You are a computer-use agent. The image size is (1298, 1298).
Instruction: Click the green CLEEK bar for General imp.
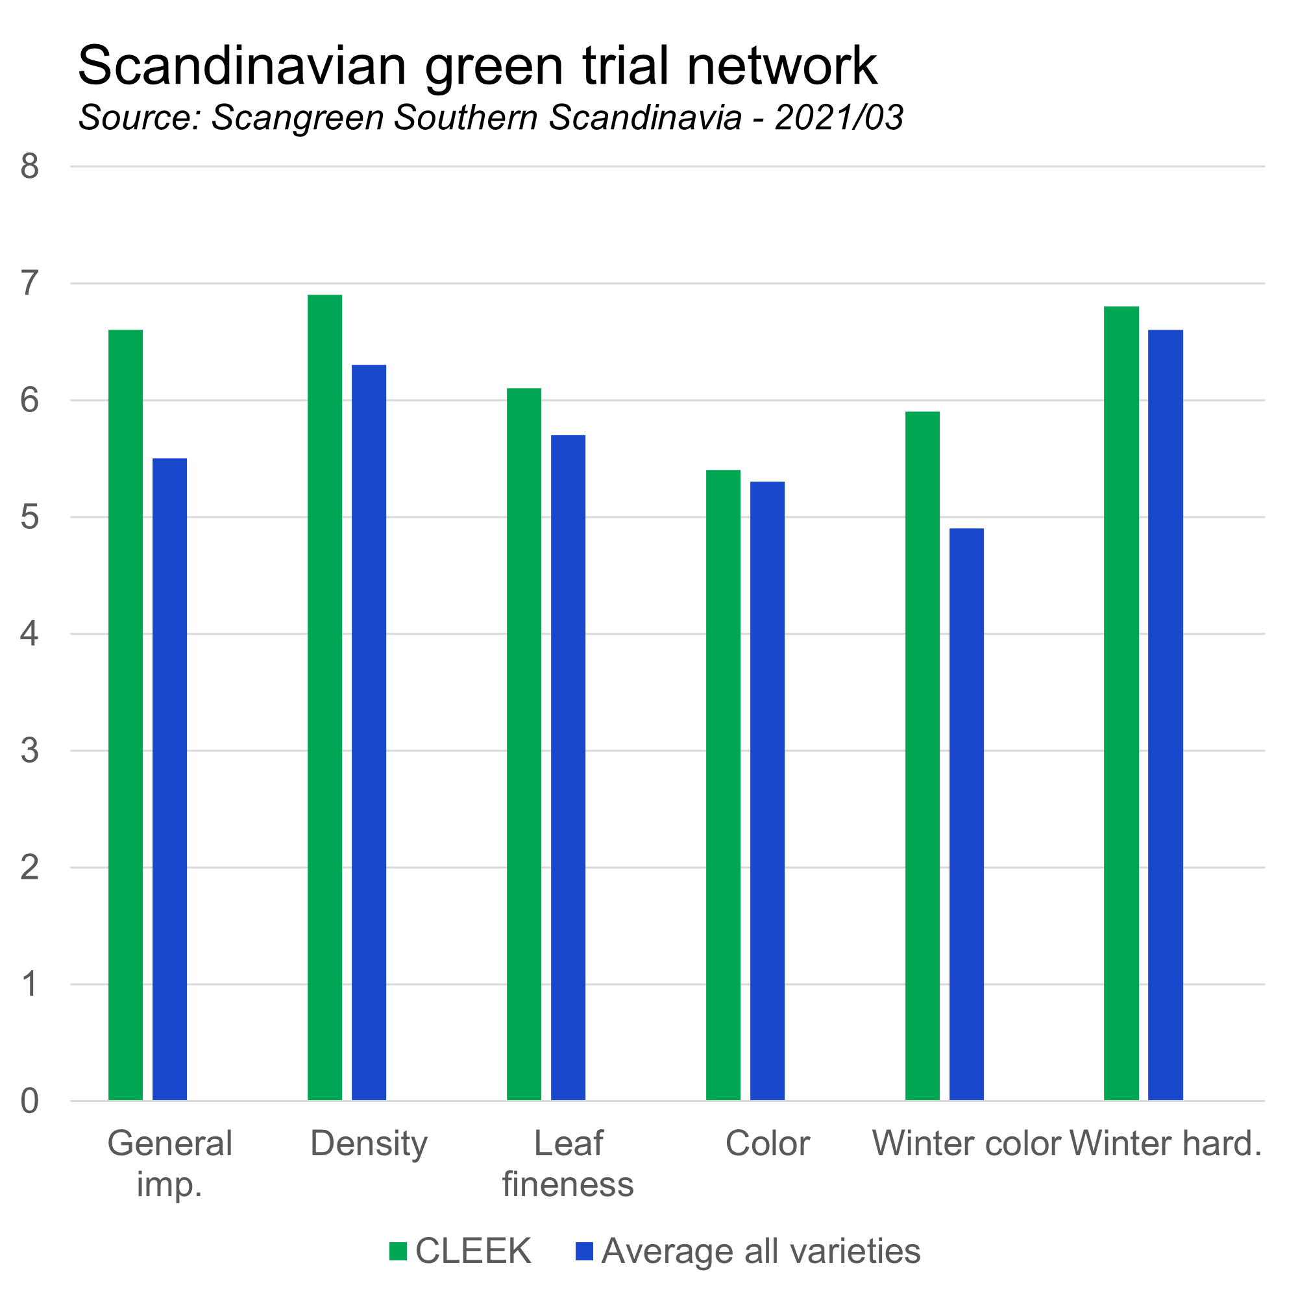point(126,715)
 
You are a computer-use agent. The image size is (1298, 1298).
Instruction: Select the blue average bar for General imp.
point(170,779)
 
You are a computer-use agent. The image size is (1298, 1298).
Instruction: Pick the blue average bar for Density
point(369,732)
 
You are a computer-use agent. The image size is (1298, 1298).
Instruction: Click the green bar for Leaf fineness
point(524,744)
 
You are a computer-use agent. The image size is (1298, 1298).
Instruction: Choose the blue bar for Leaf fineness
point(569,767)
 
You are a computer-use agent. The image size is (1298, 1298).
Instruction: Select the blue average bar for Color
point(768,790)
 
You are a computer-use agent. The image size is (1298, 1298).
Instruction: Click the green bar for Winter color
point(922,756)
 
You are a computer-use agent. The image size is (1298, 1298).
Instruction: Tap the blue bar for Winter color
point(967,814)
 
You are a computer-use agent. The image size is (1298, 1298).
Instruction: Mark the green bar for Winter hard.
point(1122,704)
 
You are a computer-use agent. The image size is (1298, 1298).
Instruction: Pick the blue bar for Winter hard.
point(1166,715)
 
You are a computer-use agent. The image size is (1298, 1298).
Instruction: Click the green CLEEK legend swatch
point(398,1251)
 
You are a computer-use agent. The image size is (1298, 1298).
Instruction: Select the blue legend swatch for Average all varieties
point(585,1251)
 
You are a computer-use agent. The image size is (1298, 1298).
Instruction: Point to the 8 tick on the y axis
point(30,166)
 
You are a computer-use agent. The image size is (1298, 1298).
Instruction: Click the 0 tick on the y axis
point(30,1101)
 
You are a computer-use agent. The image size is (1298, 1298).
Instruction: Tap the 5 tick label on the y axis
point(30,517)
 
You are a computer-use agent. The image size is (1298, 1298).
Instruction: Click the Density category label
point(369,1143)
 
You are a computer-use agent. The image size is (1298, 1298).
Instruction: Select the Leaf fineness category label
point(569,1163)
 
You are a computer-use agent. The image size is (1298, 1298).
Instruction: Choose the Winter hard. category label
point(1166,1143)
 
